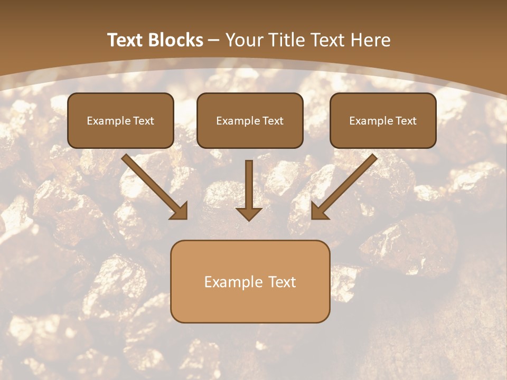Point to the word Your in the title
click(x=245, y=40)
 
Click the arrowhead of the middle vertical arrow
click(x=249, y=213)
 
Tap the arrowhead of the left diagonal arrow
click(x=180, y=211)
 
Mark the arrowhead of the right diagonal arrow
click(x=319, y=211)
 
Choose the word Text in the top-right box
click(x=406, y=121)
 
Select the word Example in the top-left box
click(x=108, y=121)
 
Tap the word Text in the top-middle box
click(x=273, y=121)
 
